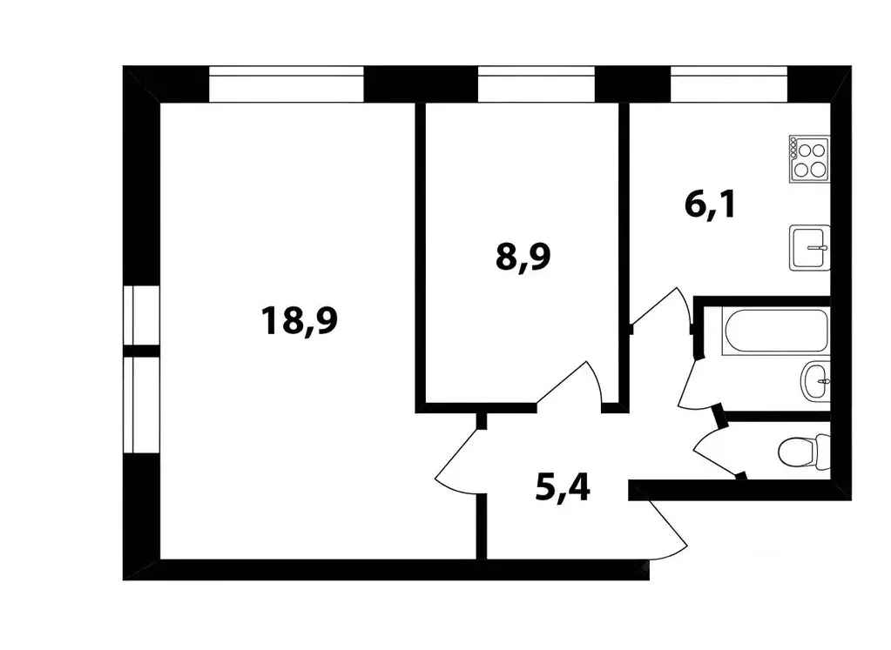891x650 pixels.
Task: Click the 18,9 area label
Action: pos(299,320)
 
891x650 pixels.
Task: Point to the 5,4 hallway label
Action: pos(562,489)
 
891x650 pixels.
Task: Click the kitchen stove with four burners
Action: pos(809,158)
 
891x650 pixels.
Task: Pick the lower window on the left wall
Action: pos(139,405)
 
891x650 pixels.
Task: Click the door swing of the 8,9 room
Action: pos(570,385)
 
